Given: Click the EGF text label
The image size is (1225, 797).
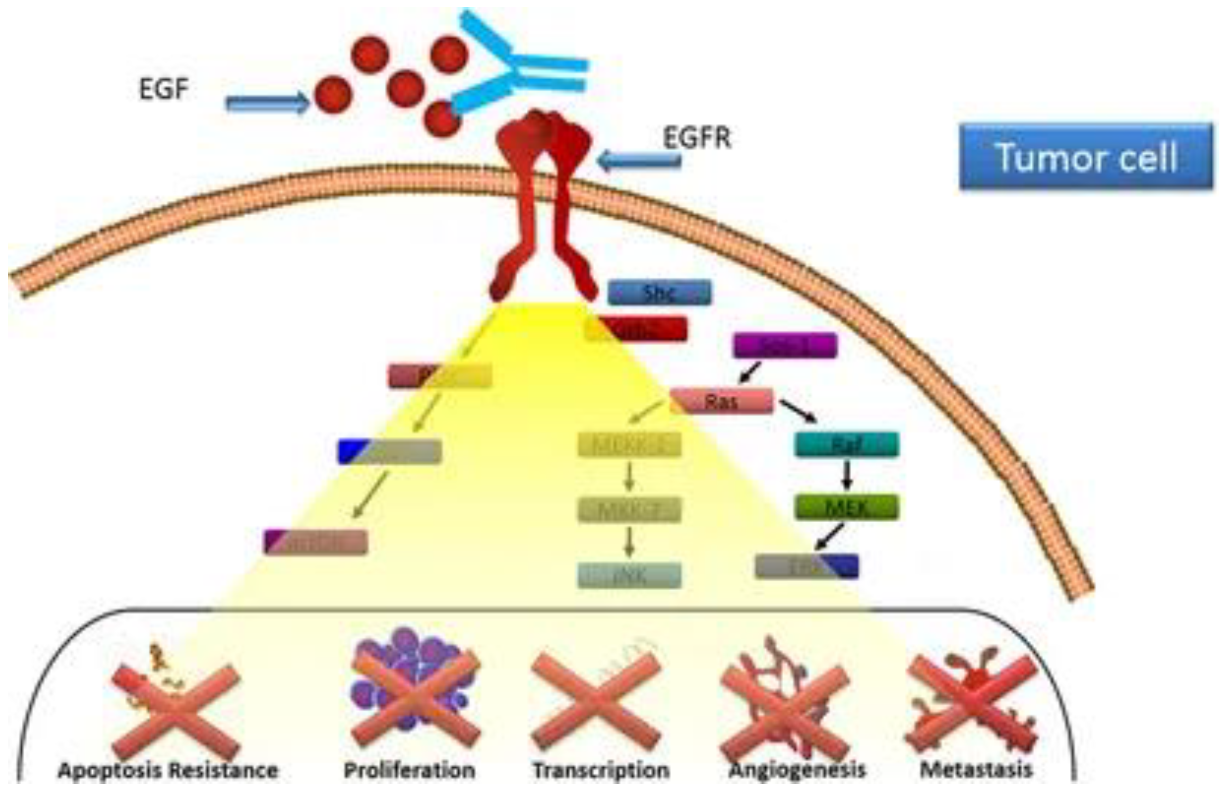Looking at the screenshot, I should tap(163, 89).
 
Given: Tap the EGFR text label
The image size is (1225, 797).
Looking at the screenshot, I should tap(697, 137).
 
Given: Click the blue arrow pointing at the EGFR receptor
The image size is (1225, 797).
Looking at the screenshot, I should tap(638, 161).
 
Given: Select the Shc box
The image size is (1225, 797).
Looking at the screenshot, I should tap(660, 293).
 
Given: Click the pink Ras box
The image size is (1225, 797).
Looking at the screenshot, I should tap(721, 401).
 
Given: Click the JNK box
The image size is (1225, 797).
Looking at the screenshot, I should tap(629, 576).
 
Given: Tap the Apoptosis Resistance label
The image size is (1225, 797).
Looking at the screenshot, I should tap(168, 770).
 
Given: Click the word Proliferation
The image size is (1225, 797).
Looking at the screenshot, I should tap(409, 770).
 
